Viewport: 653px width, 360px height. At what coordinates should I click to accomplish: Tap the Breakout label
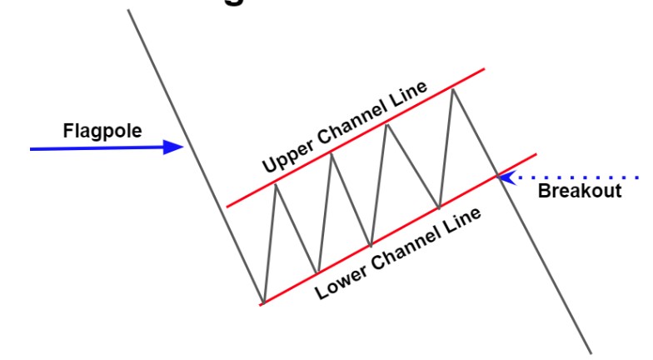(x=580, y=191)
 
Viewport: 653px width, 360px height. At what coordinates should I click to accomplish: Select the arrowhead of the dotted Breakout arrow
(x=505, y=177)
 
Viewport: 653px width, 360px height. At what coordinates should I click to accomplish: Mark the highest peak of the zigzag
(x=452, y=88)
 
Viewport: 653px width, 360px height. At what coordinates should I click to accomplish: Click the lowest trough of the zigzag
(x=263, y=302)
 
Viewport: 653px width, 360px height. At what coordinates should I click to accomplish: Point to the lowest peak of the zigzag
(x=276, y=182)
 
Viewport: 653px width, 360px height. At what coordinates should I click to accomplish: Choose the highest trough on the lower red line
(x=439, y=207)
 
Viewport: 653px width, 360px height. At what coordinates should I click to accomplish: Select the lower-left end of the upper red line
(x=227, y=206)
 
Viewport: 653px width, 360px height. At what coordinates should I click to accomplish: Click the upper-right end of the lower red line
(x=536, y=153)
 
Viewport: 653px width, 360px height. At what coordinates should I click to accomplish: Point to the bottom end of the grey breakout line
(x=592, y=352)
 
